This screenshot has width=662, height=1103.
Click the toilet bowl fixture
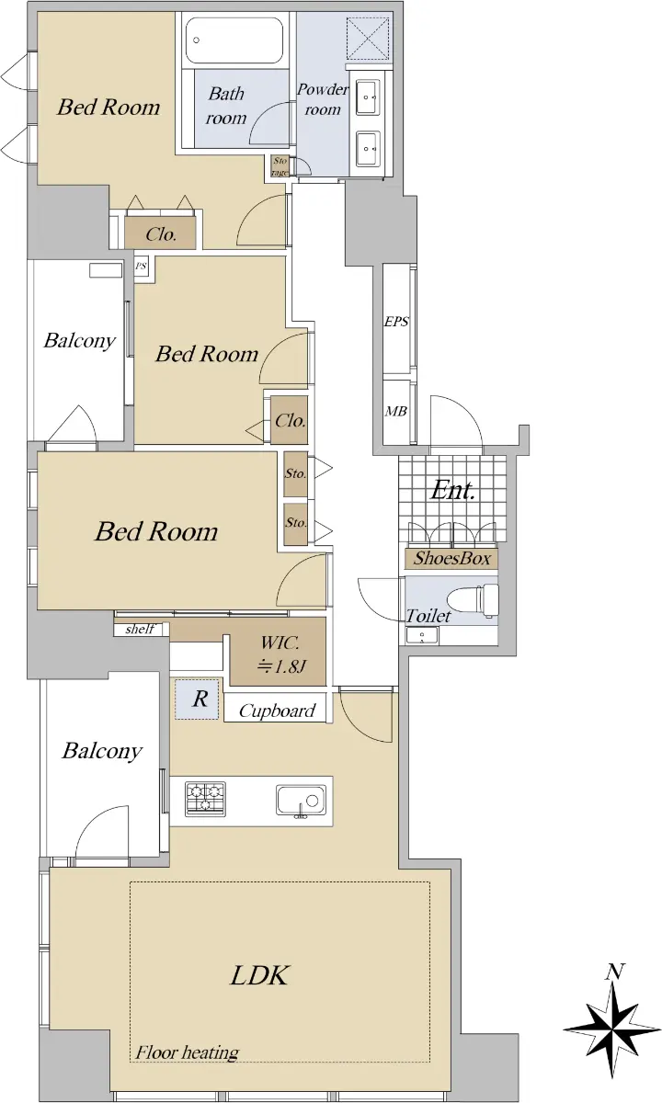tap(472, 599)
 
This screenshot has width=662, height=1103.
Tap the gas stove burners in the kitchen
tap(205, 797)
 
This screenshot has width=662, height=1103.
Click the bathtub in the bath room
tap(235, 40)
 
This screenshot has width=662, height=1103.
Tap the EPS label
tap(396, 322)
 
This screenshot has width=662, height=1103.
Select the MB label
tap(396, 411)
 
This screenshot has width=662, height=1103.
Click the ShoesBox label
tap(451, 559)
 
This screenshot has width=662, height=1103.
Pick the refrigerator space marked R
tap(197, 699)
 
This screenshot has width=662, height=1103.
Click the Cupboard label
tap(277, 711)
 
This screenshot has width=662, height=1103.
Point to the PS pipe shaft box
tap(142, 267)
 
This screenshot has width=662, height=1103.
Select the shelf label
tap(140, 629)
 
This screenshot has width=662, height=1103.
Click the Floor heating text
tap(188, 1052)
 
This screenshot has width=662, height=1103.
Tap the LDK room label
tap(259, 975)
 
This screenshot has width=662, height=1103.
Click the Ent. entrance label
tap(452, 491)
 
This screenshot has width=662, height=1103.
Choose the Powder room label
tap(323, 99)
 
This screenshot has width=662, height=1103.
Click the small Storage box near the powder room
tap(280, 166)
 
